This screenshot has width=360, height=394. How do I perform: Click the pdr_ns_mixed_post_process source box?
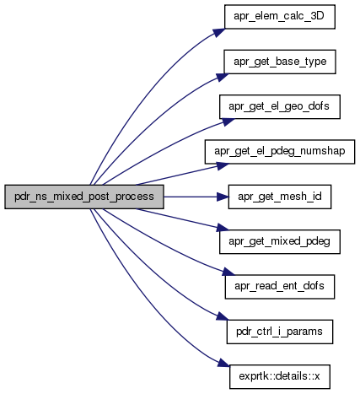(x=84, y=197)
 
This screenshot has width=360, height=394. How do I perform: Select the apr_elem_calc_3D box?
(x=280, y=17)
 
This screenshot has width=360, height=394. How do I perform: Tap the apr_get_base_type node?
(x=280, y=62)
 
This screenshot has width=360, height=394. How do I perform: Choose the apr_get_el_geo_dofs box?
(x=280, y=107)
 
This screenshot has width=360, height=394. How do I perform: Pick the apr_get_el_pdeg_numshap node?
(x=280, y=152)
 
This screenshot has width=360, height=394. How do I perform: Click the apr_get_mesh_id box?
(x=280, y=197)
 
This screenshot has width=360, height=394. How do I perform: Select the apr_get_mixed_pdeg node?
(x=280, y=242)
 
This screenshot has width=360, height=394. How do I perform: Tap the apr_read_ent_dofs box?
(x=280, y=287)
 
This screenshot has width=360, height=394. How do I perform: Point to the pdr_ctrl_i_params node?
(x=280, y=332)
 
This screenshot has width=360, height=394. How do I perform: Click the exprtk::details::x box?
(x=280, y=377)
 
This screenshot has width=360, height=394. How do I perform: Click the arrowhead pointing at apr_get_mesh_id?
(x=223, y=197)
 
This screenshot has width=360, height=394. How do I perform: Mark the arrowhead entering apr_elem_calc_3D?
(x=218, y=32)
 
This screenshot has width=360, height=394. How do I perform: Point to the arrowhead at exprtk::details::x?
(x=223, y=363)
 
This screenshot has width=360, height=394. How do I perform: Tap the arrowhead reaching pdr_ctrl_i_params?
(x=223, y=316)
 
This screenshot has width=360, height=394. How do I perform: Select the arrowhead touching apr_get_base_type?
(x=222, y=77)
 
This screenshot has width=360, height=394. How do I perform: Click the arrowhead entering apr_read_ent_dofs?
(x=228, y=272)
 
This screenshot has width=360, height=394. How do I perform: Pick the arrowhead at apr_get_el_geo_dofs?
(x=228, y=122)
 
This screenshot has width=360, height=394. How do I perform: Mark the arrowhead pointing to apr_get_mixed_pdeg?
(x=223, y=228)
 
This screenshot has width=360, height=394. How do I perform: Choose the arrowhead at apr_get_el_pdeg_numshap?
(x=223, y=166)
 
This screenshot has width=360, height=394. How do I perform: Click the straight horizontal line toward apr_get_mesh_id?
(x=191, y=197)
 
